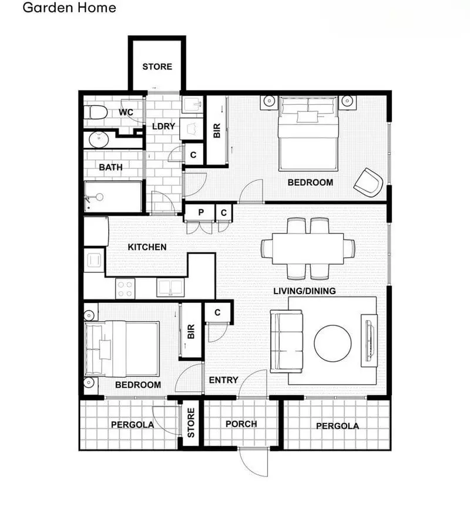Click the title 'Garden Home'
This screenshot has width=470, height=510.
[69, 8]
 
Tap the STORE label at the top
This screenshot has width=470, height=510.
[157, 66]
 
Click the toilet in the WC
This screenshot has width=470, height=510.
[95, 112]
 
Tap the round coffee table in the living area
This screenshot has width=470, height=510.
[333, 344]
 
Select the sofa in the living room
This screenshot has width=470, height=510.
[286, 341]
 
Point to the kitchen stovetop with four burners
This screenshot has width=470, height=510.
[125, 288]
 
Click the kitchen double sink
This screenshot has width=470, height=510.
[170, 288]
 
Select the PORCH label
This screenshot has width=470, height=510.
[241, 424]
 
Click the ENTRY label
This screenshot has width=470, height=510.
[223, 380]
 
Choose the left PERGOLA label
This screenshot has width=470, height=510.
[132, 424]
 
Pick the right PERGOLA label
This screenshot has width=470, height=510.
[337, 426]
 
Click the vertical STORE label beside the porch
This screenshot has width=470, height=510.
[190, 424]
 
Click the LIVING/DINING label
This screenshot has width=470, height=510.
[304, 291]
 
